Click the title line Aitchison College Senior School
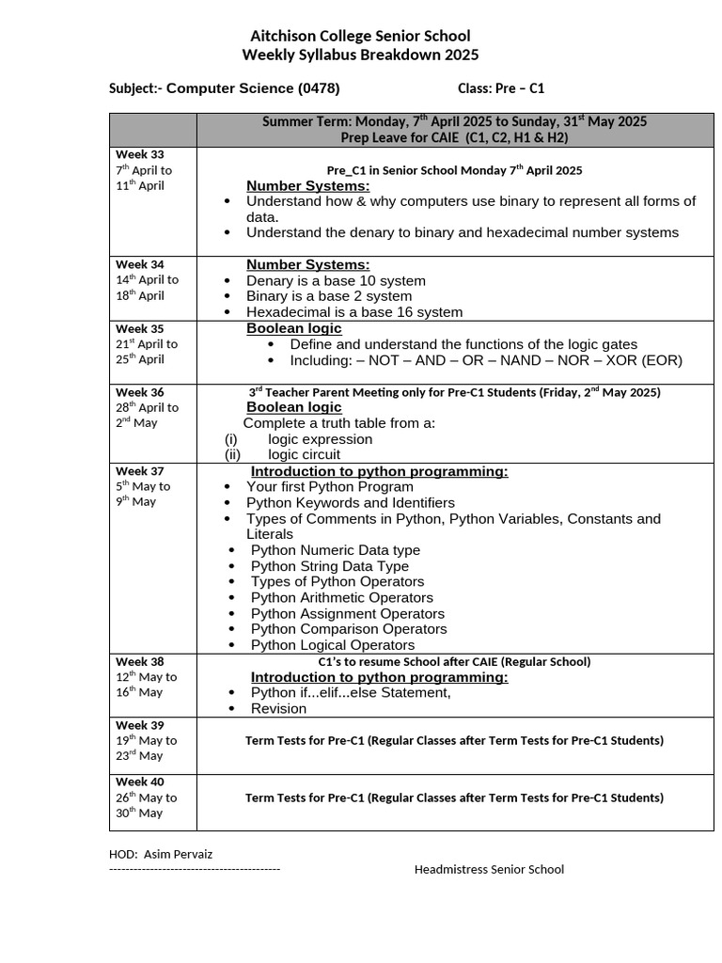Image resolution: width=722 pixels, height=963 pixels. click(360, 36)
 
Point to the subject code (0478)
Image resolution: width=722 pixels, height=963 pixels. click(319, 88)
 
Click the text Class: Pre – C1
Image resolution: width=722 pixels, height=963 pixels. click(500, 88)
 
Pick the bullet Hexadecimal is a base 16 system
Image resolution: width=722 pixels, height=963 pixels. click(353, 312)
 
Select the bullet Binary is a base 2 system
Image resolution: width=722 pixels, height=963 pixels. click(329, 296)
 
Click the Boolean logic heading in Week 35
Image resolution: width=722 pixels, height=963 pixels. click(293, 328)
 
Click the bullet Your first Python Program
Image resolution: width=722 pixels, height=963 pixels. click(329, 487)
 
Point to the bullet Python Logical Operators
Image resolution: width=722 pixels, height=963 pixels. click(332, 645)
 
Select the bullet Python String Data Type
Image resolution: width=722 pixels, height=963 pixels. click(329, 566)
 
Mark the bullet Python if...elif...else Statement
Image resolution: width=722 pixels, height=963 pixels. click(350, 693)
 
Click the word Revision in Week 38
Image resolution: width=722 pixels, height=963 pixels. click(278, 709)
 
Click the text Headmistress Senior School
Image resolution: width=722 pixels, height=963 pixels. click(489, 870)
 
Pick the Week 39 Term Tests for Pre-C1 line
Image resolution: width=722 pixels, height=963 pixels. click(454, 741)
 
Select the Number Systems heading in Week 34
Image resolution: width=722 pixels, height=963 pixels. click(307, 264)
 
